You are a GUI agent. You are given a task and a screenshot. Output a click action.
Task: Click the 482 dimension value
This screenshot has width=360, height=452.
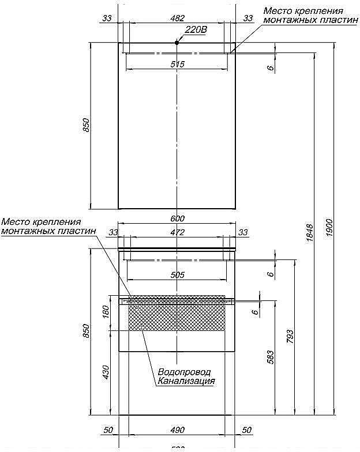177,18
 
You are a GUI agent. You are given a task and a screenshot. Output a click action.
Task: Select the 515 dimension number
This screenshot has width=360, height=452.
177,64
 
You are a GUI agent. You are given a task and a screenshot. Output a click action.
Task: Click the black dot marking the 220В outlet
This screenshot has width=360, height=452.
178,42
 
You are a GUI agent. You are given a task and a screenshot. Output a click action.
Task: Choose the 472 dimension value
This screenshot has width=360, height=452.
177,232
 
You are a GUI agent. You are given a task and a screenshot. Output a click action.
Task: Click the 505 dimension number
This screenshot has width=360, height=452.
178,275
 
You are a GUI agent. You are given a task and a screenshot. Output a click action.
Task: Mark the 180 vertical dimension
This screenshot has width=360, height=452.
104,311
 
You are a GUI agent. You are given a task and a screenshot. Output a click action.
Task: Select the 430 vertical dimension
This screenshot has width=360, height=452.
104,372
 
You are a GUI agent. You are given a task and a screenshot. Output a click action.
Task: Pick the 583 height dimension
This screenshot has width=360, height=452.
270,358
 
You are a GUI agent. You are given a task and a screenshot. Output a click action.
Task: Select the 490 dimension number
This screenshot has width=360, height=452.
177,430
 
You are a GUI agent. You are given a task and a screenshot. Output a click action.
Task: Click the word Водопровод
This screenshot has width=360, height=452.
184,372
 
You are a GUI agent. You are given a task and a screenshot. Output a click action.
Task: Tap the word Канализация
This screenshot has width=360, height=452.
186,381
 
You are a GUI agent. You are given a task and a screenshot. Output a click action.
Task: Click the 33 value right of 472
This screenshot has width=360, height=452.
243,232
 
